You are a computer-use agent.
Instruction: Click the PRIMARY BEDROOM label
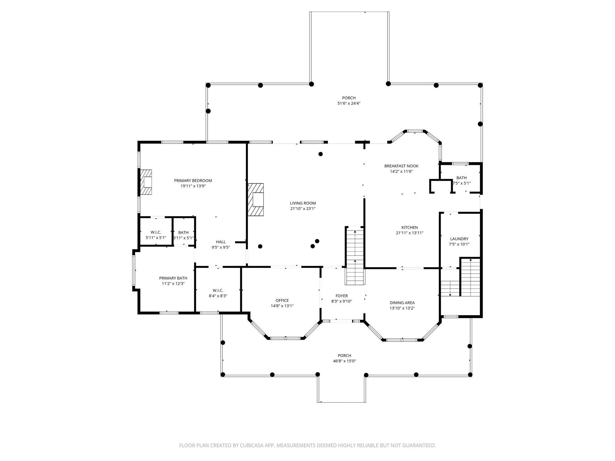click(x=193, y=181)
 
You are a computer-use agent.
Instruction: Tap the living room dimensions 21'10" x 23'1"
click(x=303, y=209)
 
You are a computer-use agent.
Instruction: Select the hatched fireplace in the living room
click(x=256, y=200)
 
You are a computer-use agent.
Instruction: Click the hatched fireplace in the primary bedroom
click(x=146, y=182)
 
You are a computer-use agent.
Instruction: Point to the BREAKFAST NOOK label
click(x=401, y=166)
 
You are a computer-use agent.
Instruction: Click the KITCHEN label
click(x=409, y=228)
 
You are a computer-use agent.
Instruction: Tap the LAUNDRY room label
click(x=459, y=239)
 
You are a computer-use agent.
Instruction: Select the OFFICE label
click(x=282, y=300)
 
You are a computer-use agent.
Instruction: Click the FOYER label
click(x=341, y=296)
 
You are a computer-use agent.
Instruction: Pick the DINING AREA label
click(x=402, y=303)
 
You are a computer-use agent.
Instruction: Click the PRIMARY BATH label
click(x=173, y=278)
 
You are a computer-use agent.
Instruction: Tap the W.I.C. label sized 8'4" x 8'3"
click(x=218, y=290)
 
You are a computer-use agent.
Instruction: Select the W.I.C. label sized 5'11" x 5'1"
click(x=156, y=232)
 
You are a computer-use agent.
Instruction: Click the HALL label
click(x=221, y=242)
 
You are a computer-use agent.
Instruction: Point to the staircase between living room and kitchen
click(x=355, y=256)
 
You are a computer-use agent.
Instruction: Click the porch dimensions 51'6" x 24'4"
click(x=349, y=103)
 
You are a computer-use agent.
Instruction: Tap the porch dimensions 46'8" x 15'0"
click(x=344, y=361)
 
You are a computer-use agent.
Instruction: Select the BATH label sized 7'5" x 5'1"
click(x=461, y=178)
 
